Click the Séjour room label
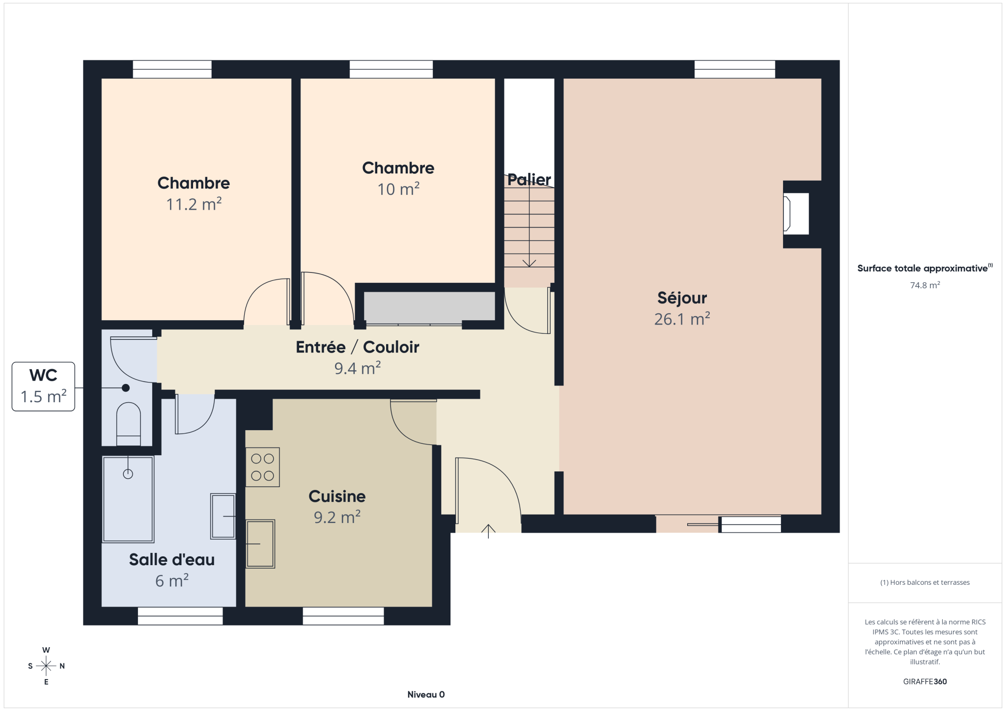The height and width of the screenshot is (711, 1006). click(x=682, y=298)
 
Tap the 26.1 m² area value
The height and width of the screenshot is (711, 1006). click(x=682, y=319)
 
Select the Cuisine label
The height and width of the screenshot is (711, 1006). click(x=337, y=496)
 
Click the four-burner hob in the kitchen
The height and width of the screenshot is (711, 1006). click(x=263, y=467)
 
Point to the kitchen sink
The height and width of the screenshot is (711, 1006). click(x=260, y=544)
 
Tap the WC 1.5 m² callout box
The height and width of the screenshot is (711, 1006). click(x=43, y=386)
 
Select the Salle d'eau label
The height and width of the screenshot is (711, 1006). click(x=172, y=560)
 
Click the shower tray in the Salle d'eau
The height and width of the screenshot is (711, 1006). click(x=128, y=499)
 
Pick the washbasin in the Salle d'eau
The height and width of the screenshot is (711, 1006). click(x=223, y=516)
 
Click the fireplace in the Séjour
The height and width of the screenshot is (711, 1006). click(x=796, y=214)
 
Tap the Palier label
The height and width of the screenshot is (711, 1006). click(x=529, y=180)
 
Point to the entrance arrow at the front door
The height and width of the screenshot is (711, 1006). click(x=488, y=531)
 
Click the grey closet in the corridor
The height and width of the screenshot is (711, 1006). click(x=429, y=306)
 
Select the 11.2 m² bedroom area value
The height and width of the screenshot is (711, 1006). click(x=194, y=204)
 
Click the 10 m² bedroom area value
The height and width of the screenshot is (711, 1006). click(x=398, y=189)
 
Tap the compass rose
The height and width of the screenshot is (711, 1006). click(x=46, y=666)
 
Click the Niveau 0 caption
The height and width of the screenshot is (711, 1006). click(x=426, y=694)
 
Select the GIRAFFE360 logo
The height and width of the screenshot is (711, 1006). click(x=925, y=682)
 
